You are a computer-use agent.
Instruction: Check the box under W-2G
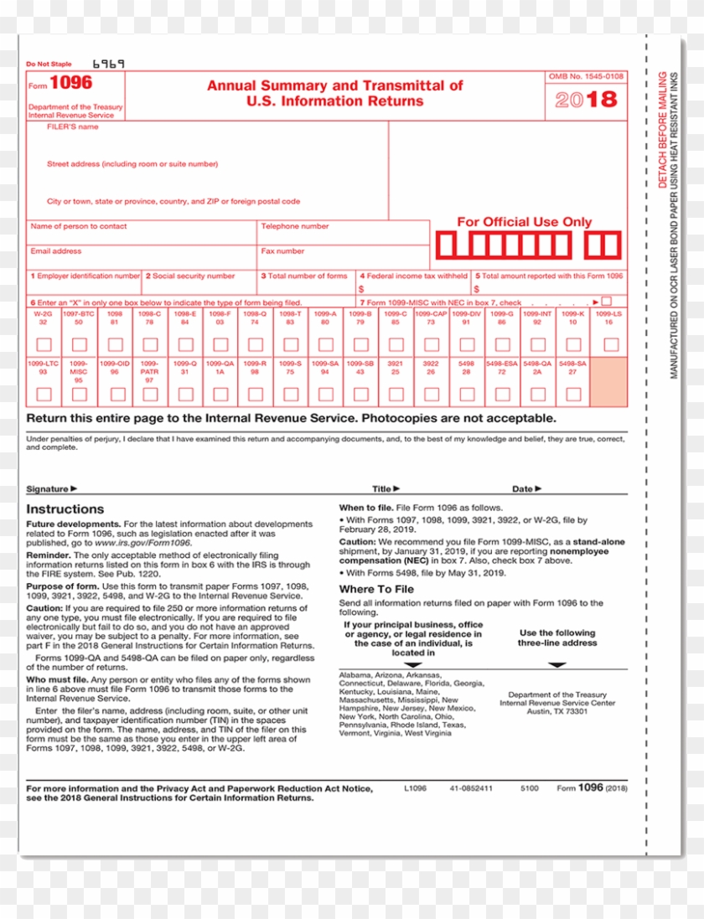coord(44,344)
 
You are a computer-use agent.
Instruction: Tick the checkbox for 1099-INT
coord(537,344)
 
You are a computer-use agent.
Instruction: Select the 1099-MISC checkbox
coord(79,394)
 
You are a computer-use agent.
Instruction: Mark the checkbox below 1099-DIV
coord(467,344)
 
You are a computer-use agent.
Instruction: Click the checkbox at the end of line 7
coord(606,302)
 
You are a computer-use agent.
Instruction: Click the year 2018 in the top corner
coord(587,100)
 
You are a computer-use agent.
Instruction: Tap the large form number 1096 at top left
coord(71,83)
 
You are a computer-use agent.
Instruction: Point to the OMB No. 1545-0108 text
coord(586,76)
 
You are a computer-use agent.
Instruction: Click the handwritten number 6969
coord(108,64)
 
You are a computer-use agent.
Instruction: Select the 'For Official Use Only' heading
coord(524,222)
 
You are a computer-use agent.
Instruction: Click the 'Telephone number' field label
coord(295,226)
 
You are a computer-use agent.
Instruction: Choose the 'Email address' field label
coord(56,250)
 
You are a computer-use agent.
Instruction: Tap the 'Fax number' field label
coord(283,250)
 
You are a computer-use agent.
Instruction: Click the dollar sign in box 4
coord(360,288)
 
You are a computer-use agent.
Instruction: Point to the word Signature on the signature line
coord(48,488)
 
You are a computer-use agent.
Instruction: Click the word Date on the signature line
coord(523,488)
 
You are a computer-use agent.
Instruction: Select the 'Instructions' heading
coord(65,509)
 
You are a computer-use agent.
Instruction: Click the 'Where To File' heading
coord(376,589)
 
